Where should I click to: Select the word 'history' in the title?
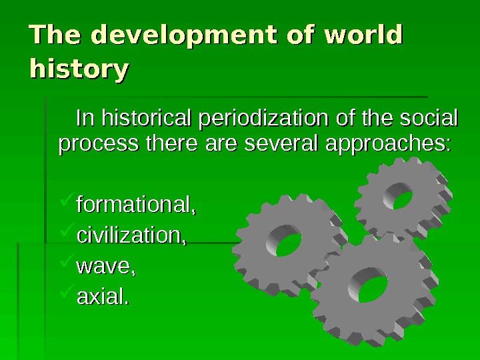coord(79,69)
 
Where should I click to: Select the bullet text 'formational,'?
coord(137,201)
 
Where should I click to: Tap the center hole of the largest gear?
coord(373,289)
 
